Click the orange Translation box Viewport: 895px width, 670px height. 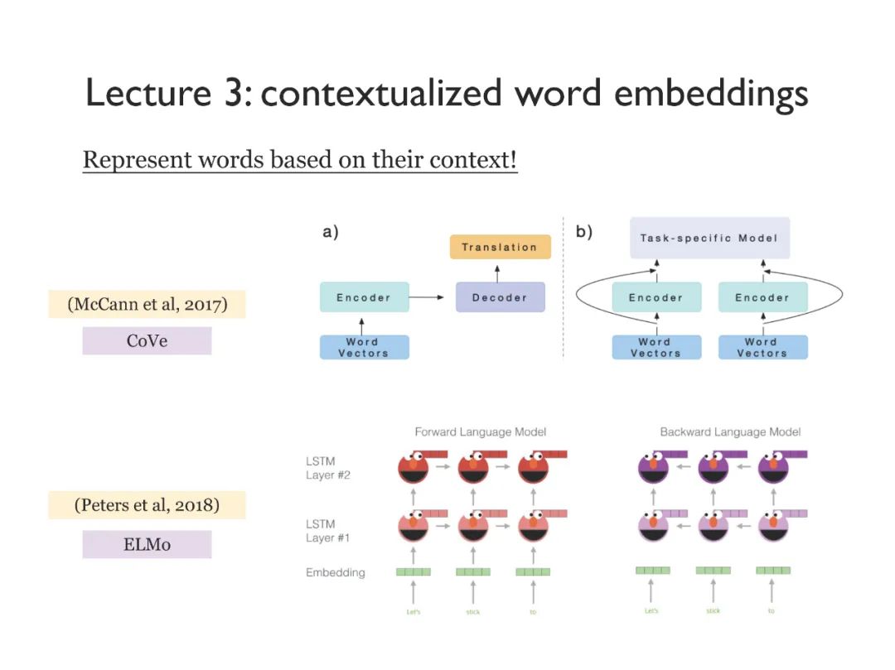point(500,247)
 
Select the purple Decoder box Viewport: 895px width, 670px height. point(500,297)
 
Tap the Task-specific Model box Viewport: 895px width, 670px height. point(709,239)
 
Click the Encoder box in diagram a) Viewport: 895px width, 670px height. point(364,297)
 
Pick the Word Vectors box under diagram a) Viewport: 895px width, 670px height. point(364,347)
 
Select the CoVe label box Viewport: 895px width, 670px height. point(147,340)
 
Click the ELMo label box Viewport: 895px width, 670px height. point(147,544)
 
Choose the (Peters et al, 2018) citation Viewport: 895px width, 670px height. point(147,504)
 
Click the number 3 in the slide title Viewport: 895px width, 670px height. point(230,93)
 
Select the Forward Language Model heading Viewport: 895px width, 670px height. point(480,431)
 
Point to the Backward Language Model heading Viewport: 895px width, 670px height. point(730,431)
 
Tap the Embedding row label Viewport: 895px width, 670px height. point(335,572)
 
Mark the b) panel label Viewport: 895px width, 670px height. point(584,232)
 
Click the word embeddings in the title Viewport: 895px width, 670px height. point(711,93)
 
